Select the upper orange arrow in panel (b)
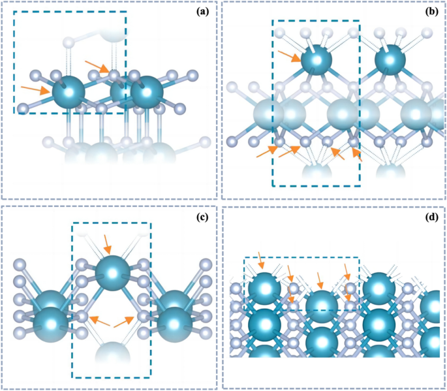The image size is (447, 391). click(288, 57)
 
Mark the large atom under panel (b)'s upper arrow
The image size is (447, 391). click(316, 60)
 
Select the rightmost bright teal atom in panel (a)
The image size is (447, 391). click(147, 93)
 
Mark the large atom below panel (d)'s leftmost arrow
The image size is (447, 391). click(264, 287)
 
